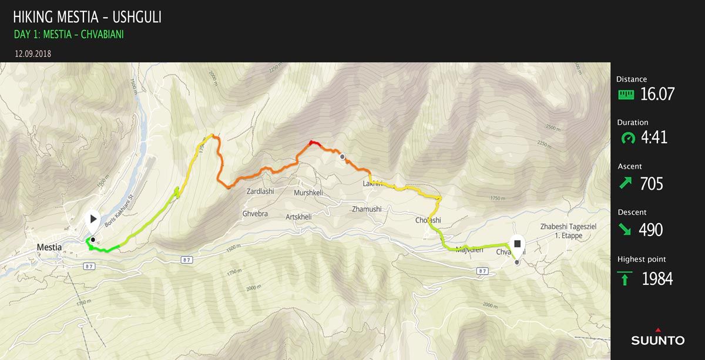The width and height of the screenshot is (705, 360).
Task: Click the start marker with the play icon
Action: coord(93,221)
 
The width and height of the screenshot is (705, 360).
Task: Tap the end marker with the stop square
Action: coord(517,244)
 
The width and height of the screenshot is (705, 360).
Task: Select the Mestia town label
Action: coord(49,247)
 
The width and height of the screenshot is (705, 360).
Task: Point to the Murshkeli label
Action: coord(308,193)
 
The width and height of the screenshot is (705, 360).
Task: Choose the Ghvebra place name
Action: coord(255,214)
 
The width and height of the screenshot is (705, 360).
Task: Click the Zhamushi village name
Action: coord(367,209)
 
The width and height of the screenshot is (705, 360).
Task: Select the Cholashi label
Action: coord(428,220)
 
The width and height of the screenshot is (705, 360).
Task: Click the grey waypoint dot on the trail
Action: coord(343,157)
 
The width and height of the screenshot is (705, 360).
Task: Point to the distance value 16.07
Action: coord(657,94)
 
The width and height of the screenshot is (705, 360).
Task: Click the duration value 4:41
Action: coord(654,138)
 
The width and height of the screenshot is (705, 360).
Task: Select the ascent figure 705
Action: coord(652,184)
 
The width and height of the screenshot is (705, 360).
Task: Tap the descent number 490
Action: coord(651,230)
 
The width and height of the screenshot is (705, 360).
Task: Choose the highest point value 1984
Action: coord(657,278)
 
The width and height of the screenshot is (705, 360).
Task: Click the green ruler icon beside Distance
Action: coord(626,94)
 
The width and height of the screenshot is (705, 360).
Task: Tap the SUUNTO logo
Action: coord(657,339)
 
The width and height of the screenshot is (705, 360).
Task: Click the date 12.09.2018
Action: coord(33,53)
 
